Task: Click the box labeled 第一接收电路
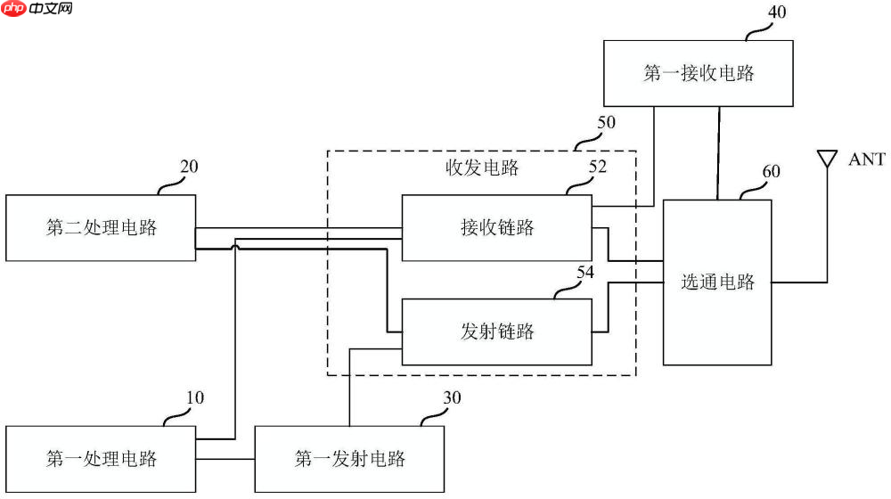click(699, 73)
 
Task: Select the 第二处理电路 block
click(101, 227)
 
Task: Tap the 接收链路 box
click(496, 227)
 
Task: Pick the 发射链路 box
click(496, 331)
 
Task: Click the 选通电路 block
click(717, 282)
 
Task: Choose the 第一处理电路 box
click(101, 459)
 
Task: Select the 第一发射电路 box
click(349, 459)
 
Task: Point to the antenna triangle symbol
click(827, 160)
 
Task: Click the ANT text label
click(866, 160)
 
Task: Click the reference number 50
click(606, 122)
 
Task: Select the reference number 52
click(598, 167)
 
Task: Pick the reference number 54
click(584, 273)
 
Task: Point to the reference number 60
click(771, 171)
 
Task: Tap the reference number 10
click(194, 397)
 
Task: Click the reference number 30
click(452, 397)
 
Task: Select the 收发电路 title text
click(481, 168)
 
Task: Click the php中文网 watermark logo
click(37, 9)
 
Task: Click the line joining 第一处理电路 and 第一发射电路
click(225, 460)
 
